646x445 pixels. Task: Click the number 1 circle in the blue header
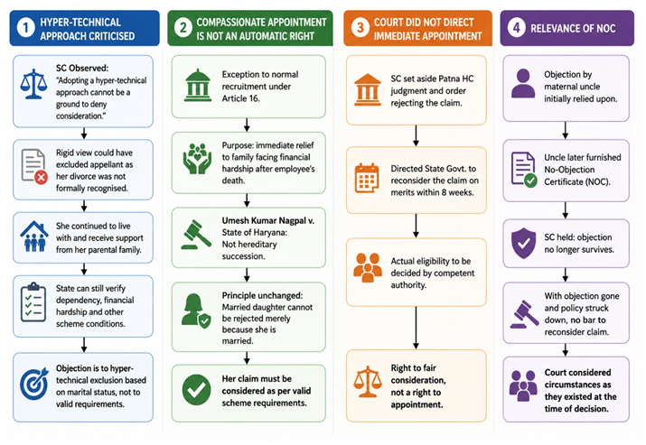pos(25,28)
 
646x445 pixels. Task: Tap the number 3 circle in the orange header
pos(360,28)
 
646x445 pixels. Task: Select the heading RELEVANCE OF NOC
pos(573,28)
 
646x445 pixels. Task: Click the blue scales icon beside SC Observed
pos(33,84)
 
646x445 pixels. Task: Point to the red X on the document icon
pos(41,178)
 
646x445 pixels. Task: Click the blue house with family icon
pos(34,236)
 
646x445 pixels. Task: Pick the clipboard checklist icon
pos(33,302)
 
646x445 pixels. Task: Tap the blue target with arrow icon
pos(33,385)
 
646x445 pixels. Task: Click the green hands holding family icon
pos(197,159)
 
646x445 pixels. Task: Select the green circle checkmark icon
pos(197,390)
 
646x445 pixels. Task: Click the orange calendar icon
pos(367,178)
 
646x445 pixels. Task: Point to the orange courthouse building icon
pos(368,89)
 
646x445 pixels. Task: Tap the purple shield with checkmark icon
pos(524,243)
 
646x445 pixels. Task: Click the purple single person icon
pos(523,83)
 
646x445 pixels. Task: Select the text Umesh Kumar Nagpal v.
pos(268,220)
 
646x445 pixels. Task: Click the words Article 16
pos(241,98)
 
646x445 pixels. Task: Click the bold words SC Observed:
pos(82,69)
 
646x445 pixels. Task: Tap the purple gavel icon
pos(524,314)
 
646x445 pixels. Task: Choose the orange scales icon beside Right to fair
pos(368,382)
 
